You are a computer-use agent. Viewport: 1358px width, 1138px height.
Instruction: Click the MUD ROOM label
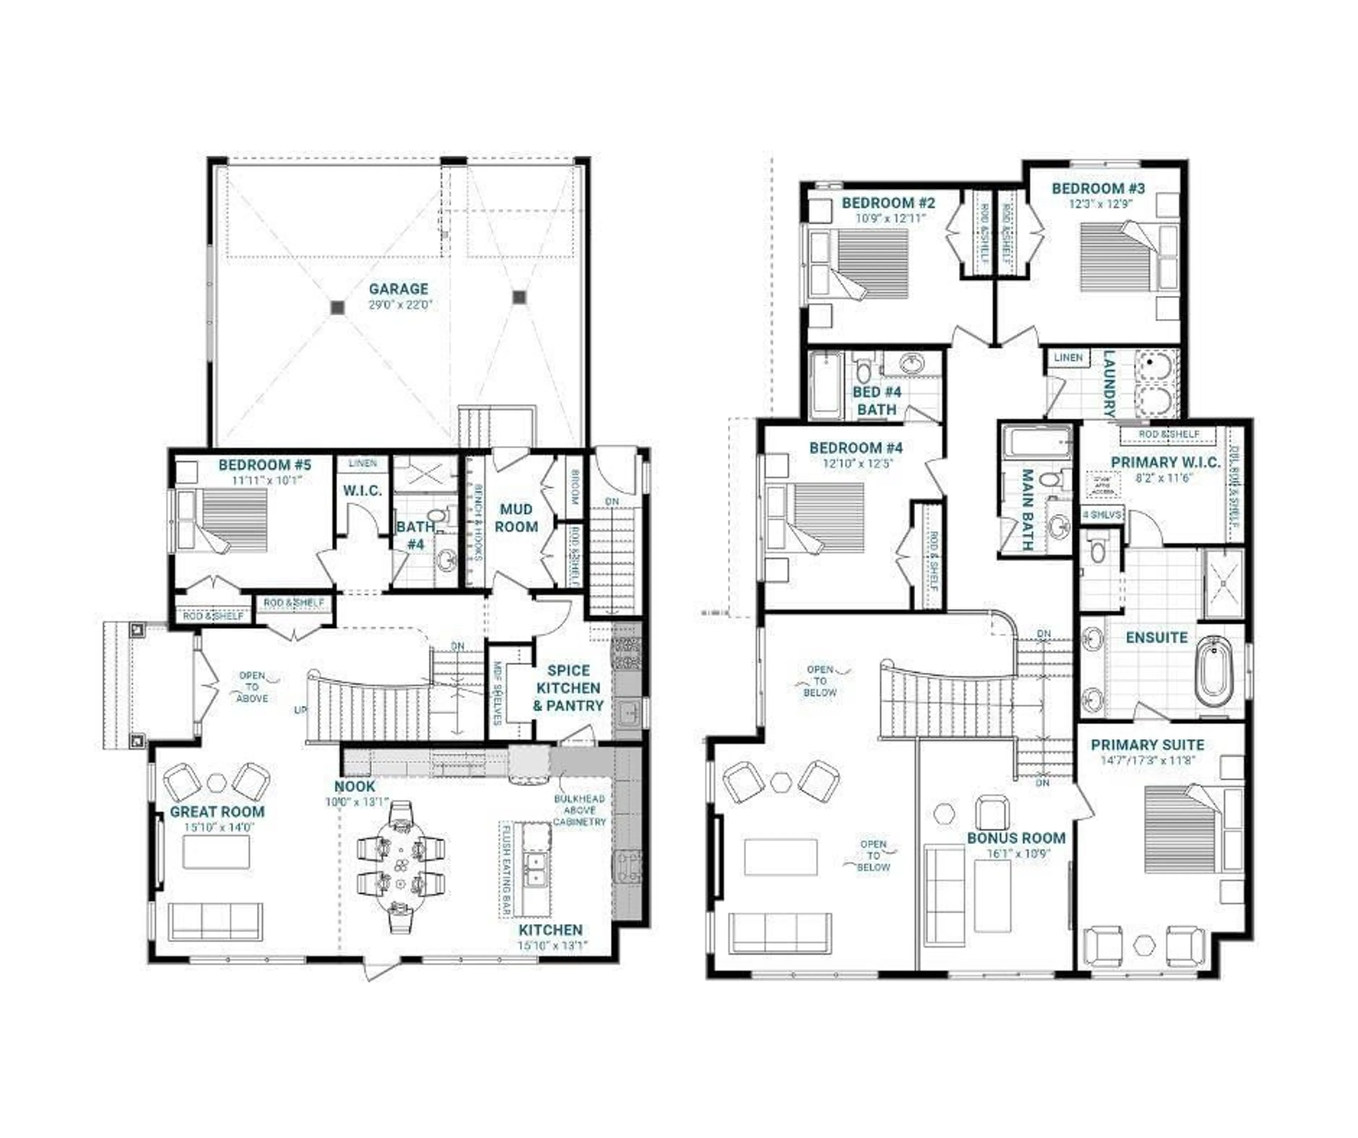pyautogui.click(x=516, y=518)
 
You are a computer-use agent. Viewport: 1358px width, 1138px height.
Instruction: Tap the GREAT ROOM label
pyautogui.click(x=217, y=811)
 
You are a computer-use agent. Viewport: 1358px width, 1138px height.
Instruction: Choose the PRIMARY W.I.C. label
pyautogui.click(x=1165, y=462)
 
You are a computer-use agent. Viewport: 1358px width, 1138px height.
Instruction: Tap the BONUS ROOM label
pyautogui.click(x=1016, y=838)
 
